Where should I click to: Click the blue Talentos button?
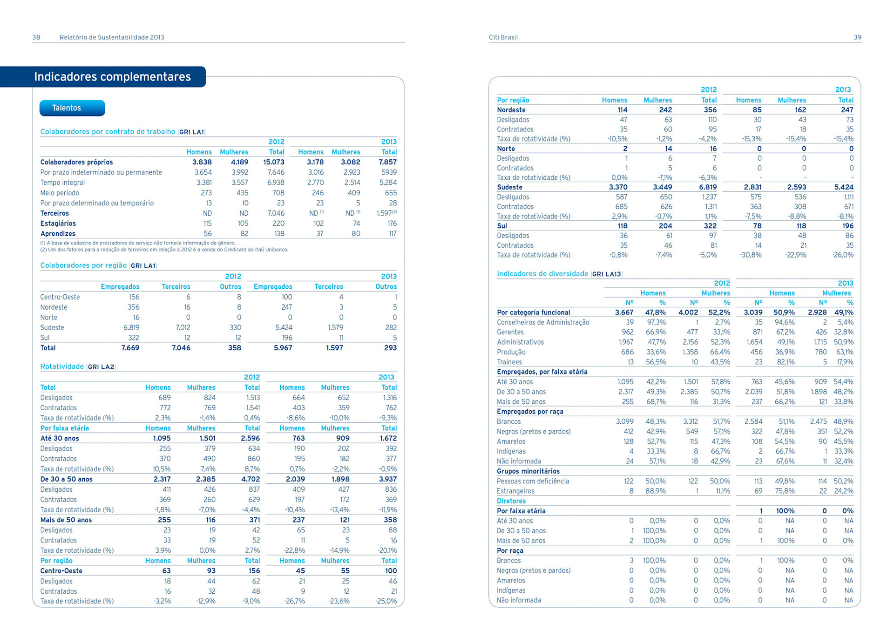pos(72,108)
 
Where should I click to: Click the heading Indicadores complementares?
pos(112,77)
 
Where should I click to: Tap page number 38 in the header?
pos(36,37)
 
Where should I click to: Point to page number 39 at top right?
pos(857,37)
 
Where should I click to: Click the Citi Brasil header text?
pos(503,37)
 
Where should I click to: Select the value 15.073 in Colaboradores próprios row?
pos(274,162)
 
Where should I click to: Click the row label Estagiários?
pos(58,224)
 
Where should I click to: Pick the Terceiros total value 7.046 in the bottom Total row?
pos(181,348)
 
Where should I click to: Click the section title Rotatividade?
pos(62,366)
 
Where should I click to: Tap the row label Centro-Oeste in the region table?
pos(60,297)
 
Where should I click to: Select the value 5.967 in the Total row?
pos(283,348)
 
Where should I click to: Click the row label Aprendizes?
pos(58,234)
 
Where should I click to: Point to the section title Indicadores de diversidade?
pos(542,274)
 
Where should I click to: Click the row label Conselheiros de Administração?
pos(543,322)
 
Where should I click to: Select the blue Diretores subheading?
pos(511,501)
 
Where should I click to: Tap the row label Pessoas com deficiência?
pos(533,481)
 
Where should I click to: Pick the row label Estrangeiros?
pos(515,491)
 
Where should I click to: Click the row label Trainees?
pos(509,362)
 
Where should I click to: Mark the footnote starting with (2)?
pos(164,250)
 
